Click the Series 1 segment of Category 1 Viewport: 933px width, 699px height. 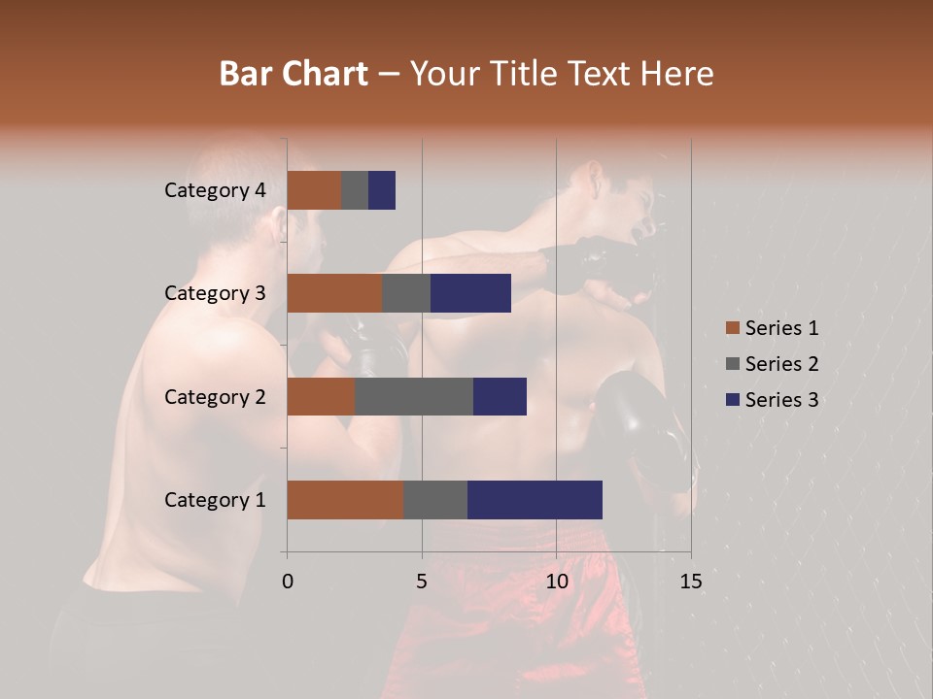(x=345, y=500)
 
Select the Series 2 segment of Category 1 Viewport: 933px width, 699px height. (x=435, y=500)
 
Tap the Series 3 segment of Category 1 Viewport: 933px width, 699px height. (x=535, y=500)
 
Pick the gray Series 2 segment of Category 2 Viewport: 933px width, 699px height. (x=414, y=396)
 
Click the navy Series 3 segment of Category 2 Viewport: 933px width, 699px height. (x=500, y=396)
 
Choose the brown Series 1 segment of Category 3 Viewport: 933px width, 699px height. (x=334, y=293)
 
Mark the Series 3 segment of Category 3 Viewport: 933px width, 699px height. (x=470, y=293)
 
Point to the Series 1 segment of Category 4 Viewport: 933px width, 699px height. (x=314, y=190)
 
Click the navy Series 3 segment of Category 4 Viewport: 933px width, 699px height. (x=382, y=190)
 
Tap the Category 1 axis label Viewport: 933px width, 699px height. (x=214, y=500)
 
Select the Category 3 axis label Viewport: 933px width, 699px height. (x=214, y=293)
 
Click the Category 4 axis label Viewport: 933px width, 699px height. (x=214, y=190)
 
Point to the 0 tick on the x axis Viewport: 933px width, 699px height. (x=288, y=582)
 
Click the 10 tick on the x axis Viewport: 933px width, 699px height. (x=556, y=582)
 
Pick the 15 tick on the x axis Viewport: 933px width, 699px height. (x=691, y=582)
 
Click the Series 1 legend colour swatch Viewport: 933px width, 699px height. (x=732, y=328)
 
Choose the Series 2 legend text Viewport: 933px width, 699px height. (x=781, y=364)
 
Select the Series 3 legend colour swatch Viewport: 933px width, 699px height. (x=732, y=400)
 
